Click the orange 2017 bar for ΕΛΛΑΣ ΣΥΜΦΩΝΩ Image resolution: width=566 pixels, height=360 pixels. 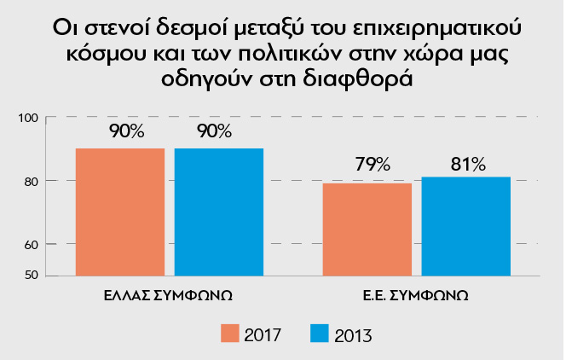pos(119,212)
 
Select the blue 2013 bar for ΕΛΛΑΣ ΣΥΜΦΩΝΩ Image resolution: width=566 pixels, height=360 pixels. pos(219,212)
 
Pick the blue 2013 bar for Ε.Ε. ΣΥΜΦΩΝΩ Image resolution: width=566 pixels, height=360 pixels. pos(466,226)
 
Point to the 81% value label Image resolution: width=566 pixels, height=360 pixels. pos(468,163)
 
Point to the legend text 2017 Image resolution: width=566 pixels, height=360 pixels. pos(264,334)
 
